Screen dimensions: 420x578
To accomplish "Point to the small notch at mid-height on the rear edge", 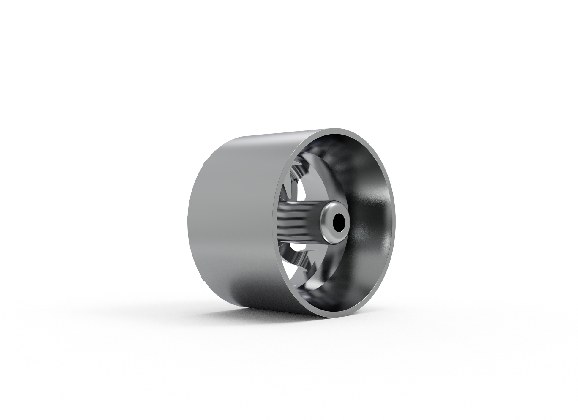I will tap(187, 220).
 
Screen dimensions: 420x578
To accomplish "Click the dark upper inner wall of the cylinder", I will tap(342, 154).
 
